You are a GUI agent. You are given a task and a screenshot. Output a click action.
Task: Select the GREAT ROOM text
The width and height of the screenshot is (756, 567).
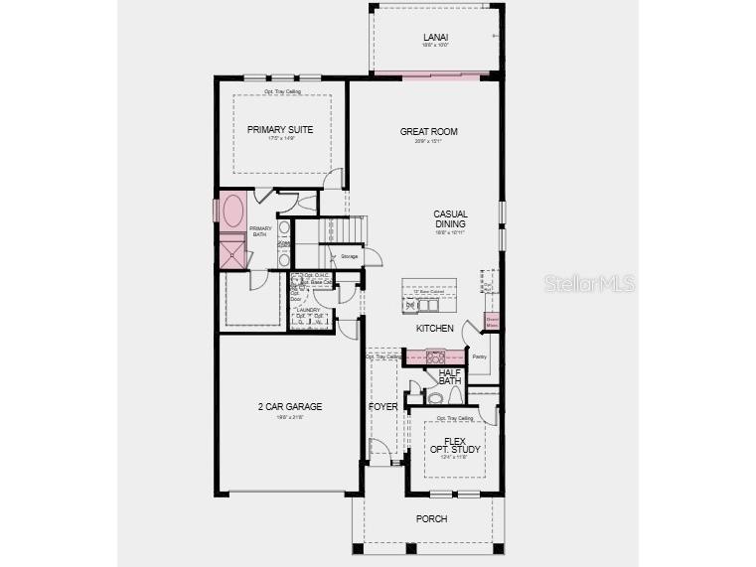428,131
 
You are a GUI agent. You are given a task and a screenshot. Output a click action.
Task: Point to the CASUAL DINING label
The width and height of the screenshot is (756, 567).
449,218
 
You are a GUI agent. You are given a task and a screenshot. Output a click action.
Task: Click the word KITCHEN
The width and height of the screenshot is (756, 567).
434,328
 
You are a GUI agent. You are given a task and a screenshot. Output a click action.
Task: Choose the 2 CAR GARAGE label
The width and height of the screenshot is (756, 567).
290,406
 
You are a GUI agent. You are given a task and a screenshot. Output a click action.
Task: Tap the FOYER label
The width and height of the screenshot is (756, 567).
382,407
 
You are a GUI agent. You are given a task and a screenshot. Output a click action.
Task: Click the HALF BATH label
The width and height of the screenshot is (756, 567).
450,376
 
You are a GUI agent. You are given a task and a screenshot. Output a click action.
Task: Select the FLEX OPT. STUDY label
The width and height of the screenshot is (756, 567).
455,445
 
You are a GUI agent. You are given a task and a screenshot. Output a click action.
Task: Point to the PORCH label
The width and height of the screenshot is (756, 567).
431,518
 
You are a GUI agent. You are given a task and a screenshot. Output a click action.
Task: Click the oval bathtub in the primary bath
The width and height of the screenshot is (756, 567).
234,211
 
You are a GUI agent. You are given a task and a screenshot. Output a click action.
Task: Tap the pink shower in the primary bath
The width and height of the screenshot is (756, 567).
232,253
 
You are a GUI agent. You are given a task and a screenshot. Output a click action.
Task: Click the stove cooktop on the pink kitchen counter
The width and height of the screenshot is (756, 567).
435,356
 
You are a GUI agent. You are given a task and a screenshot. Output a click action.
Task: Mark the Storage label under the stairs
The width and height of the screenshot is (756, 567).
349,257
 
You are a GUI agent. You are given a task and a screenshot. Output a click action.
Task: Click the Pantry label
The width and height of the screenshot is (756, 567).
479,356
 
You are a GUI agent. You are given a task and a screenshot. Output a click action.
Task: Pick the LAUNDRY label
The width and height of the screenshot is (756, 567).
308,310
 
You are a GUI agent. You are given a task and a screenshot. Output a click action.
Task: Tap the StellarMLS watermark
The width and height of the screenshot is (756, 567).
590,284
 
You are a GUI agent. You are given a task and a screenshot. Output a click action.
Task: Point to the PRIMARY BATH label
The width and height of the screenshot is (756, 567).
260,230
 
